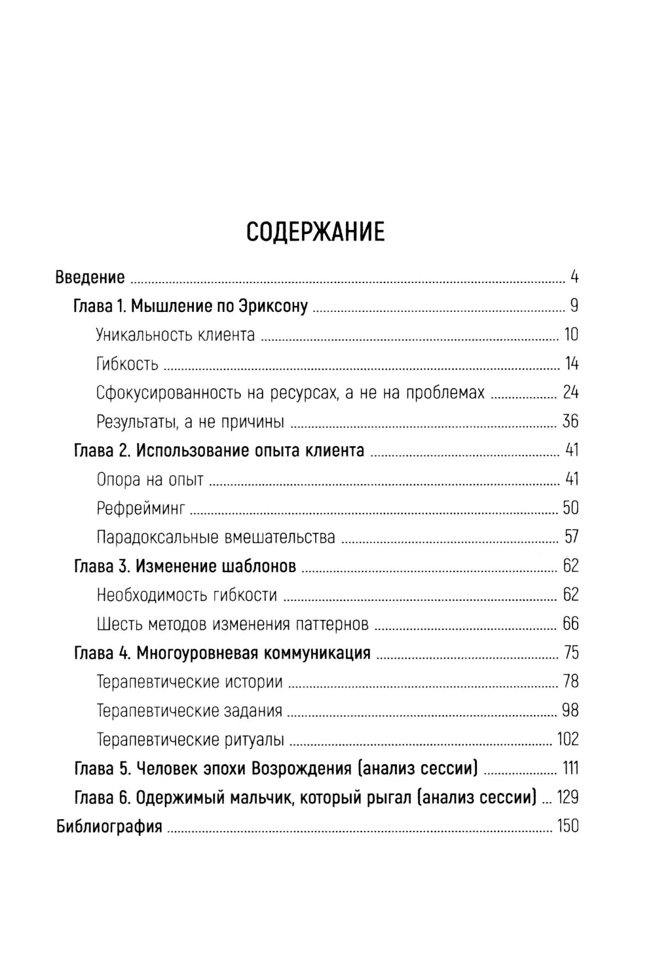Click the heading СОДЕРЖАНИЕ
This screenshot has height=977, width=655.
pyautogui.click(x=315, y=232)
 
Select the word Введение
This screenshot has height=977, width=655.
pyautogui.click(x=90, y=277)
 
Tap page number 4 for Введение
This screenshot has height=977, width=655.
pyautogui.click(x=574, y=277)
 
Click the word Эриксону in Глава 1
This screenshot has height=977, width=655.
pyautogui.click(x=275, y=306)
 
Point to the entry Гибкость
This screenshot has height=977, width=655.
pyautogui.click(x=127, y=364)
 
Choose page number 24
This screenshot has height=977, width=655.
pyautogui.click(x=571, y=393)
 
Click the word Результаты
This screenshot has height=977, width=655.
pyautogui.click(x=134, y=421)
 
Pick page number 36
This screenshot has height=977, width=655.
pyautogui.click(x=571, y=421)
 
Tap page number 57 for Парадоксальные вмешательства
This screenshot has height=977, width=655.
pyautogui.click(x=571, y=537)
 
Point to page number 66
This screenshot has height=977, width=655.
pyautogui.click(x=571, y=624)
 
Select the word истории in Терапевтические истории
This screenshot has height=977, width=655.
pyautogui.click(x=252, y=681)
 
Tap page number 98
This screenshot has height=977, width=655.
pyautogui.click(x=571, y=710)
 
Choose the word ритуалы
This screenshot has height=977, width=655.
pyautogui.click(x=252, y=740)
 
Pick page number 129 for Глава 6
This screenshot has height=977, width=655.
pyautogui.click(x=567, y=797)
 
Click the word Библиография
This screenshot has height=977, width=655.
pyautogui.click(x=109, y=826)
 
